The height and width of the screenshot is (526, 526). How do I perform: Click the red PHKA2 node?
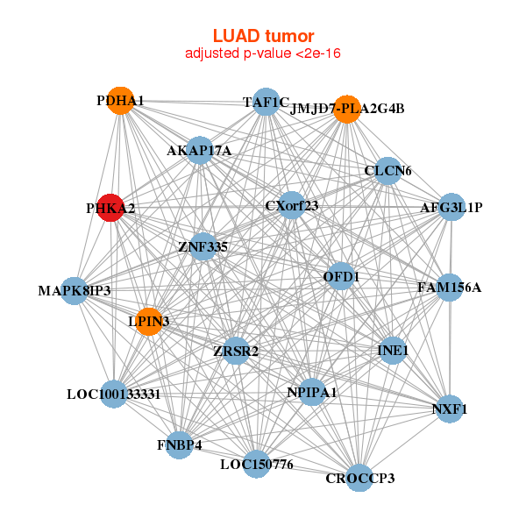coord(110,208)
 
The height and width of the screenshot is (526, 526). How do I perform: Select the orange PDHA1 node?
coord(120,101)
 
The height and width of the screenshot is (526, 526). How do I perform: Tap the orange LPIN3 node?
coord(149,322)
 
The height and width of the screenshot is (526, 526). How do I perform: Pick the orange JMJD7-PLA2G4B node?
coord(348,109)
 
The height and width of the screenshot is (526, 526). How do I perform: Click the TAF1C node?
coord(266,102)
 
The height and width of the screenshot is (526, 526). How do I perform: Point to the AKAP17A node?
coord(199,151)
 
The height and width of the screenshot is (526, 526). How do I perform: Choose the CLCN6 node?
coord(387,169)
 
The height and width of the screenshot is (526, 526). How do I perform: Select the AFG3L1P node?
coord(451,207)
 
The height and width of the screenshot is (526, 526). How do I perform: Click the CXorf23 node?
coord(291,206)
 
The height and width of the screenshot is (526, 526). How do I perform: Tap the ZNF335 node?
coord(203,246)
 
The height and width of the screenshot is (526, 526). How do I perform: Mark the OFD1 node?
coord(341,277)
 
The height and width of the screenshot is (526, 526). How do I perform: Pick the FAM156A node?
coord(449,287)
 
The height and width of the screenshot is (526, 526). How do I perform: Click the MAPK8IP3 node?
coord(75,290)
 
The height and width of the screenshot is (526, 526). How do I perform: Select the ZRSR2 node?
coord(236,352)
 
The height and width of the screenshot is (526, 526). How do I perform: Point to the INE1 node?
coord(392,351)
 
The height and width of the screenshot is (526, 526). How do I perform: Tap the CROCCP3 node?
coord(359,478)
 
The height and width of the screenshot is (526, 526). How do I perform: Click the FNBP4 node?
coord(179,445)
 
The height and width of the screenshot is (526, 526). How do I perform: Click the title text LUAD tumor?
coord(263,36)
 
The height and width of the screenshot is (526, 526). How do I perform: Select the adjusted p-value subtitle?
coord(263,53)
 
